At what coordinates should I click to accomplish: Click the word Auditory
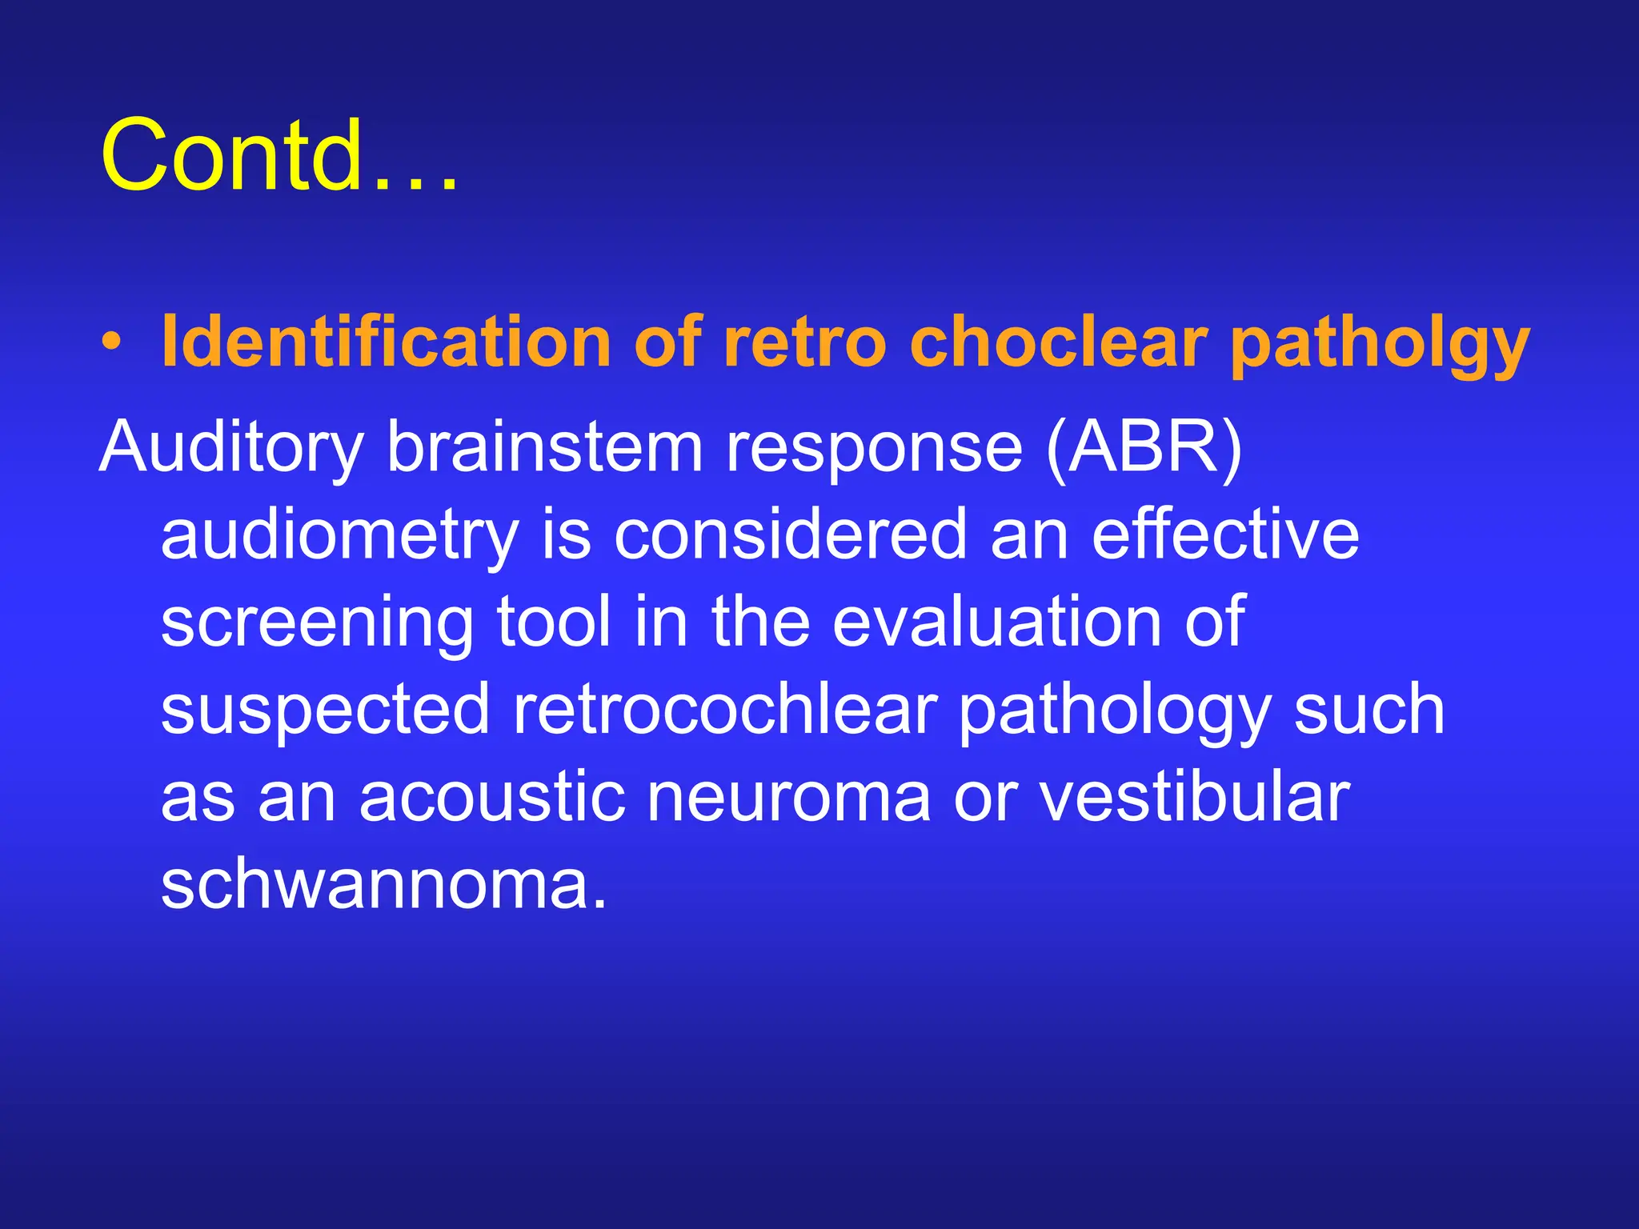231,448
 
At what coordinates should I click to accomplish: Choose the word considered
791,534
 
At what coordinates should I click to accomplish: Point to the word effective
1225,534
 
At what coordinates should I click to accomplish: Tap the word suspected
325,711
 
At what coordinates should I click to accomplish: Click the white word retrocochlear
724,709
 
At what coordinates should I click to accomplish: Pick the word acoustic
492,797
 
